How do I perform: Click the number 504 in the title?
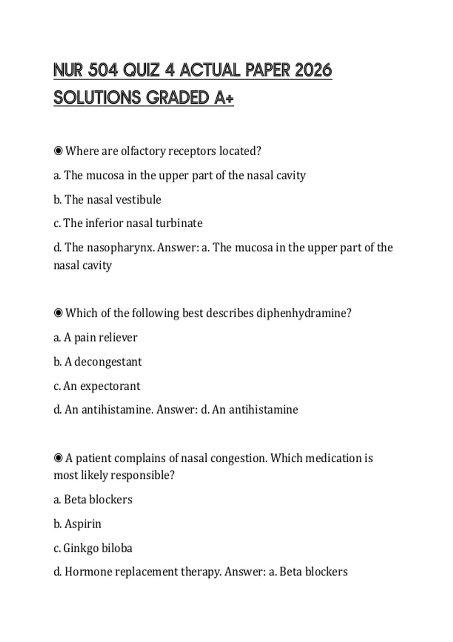pos(103,70)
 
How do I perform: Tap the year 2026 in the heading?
pos(313,70)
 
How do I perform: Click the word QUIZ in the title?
pos(141,70)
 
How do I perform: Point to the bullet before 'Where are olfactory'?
pos(58,151)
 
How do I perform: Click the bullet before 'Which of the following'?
pos(58,313)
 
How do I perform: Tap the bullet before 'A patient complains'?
pos(58,458)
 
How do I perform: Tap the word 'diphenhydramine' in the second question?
pos(304,313)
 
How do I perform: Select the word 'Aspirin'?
pos(83,524)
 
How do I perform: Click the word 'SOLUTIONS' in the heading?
pos(97,97)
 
